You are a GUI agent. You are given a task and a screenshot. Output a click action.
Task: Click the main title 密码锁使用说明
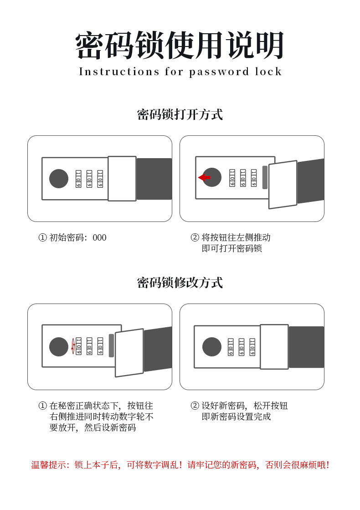tap(180, 46)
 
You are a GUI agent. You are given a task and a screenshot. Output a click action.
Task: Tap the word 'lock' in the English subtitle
tap(268, 72)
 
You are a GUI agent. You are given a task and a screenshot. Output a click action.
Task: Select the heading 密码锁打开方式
tap(180, 114)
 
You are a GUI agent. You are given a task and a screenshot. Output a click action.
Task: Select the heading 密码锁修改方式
tap(180, 283)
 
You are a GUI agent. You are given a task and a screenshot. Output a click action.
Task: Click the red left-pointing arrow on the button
tap(204, 177)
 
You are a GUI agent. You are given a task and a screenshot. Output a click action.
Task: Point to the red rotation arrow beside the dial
tap(73, 346)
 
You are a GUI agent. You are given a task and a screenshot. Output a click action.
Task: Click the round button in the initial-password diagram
tap(59, 179)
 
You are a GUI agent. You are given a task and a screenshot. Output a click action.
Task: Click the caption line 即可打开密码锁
tap(231, 248)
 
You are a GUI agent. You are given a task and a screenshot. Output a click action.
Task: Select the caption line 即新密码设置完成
tap(236, 417)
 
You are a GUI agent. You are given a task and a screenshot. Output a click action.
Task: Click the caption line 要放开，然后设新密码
tap(93, 428)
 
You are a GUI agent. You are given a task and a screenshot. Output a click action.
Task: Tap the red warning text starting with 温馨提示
tap(180, 465)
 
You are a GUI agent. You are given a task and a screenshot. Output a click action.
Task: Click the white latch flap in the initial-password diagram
tap(122, 179)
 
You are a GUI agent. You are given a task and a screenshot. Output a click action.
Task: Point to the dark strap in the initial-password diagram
tap(154, 179)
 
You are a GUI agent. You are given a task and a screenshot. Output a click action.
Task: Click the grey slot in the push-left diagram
tap(265, 177)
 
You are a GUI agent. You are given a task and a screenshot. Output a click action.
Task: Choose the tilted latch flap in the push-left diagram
tap(283, 185)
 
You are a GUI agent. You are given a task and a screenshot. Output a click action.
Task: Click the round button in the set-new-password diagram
tap(212, 347)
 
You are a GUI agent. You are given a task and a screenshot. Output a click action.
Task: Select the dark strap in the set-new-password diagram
tap(306, 347)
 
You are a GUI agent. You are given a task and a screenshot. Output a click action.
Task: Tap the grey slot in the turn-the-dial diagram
tap(111, 346)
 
